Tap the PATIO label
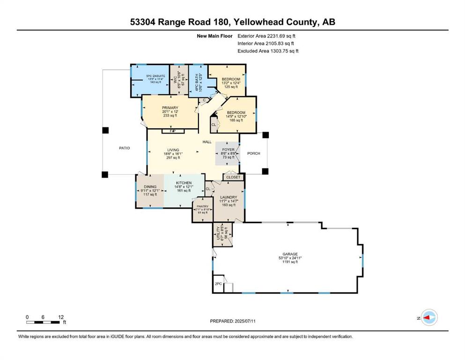pos(124,148)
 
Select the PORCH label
pos(253,153)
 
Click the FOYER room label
pos(228,150)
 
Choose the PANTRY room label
pos(202,206)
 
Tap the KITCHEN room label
pos(184,183)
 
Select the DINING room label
pos(150,187)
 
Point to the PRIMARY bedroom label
pos(170,108)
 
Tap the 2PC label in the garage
pos(218,284)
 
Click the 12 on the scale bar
pos(61,317)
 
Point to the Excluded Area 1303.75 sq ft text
pos(268,51)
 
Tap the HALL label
pos(207,142)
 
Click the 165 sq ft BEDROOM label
pos(236,113)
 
